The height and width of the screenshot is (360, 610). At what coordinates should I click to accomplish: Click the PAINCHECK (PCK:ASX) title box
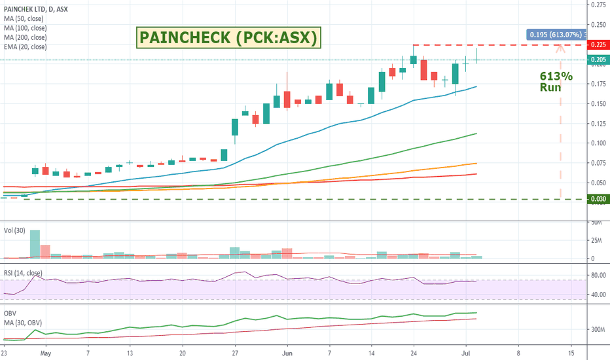[228, 39]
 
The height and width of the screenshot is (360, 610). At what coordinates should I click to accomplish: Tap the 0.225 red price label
[597, 45]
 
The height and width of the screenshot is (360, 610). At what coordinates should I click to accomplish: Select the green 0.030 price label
[597, 199]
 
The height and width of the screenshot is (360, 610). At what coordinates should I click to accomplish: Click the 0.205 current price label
[597, 60]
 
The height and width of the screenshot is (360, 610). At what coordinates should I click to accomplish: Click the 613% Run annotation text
[555, 82]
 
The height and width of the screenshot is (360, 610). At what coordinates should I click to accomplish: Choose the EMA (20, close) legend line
[26, 47]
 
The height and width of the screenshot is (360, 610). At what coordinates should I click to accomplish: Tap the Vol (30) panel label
[15, 230]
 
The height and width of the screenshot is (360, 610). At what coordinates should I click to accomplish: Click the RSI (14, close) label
[24, 273]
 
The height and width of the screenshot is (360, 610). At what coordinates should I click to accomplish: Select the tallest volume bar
[35, 244]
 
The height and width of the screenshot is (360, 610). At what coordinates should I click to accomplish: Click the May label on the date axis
[45, 351]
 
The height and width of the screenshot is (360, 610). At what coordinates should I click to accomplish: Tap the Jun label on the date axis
[287, 351]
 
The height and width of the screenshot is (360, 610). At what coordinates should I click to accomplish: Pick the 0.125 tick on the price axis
[597, 124]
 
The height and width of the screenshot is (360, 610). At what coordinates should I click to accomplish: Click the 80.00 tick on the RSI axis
[597, 276]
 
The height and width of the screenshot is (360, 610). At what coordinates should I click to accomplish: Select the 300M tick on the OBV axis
[597, 330]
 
